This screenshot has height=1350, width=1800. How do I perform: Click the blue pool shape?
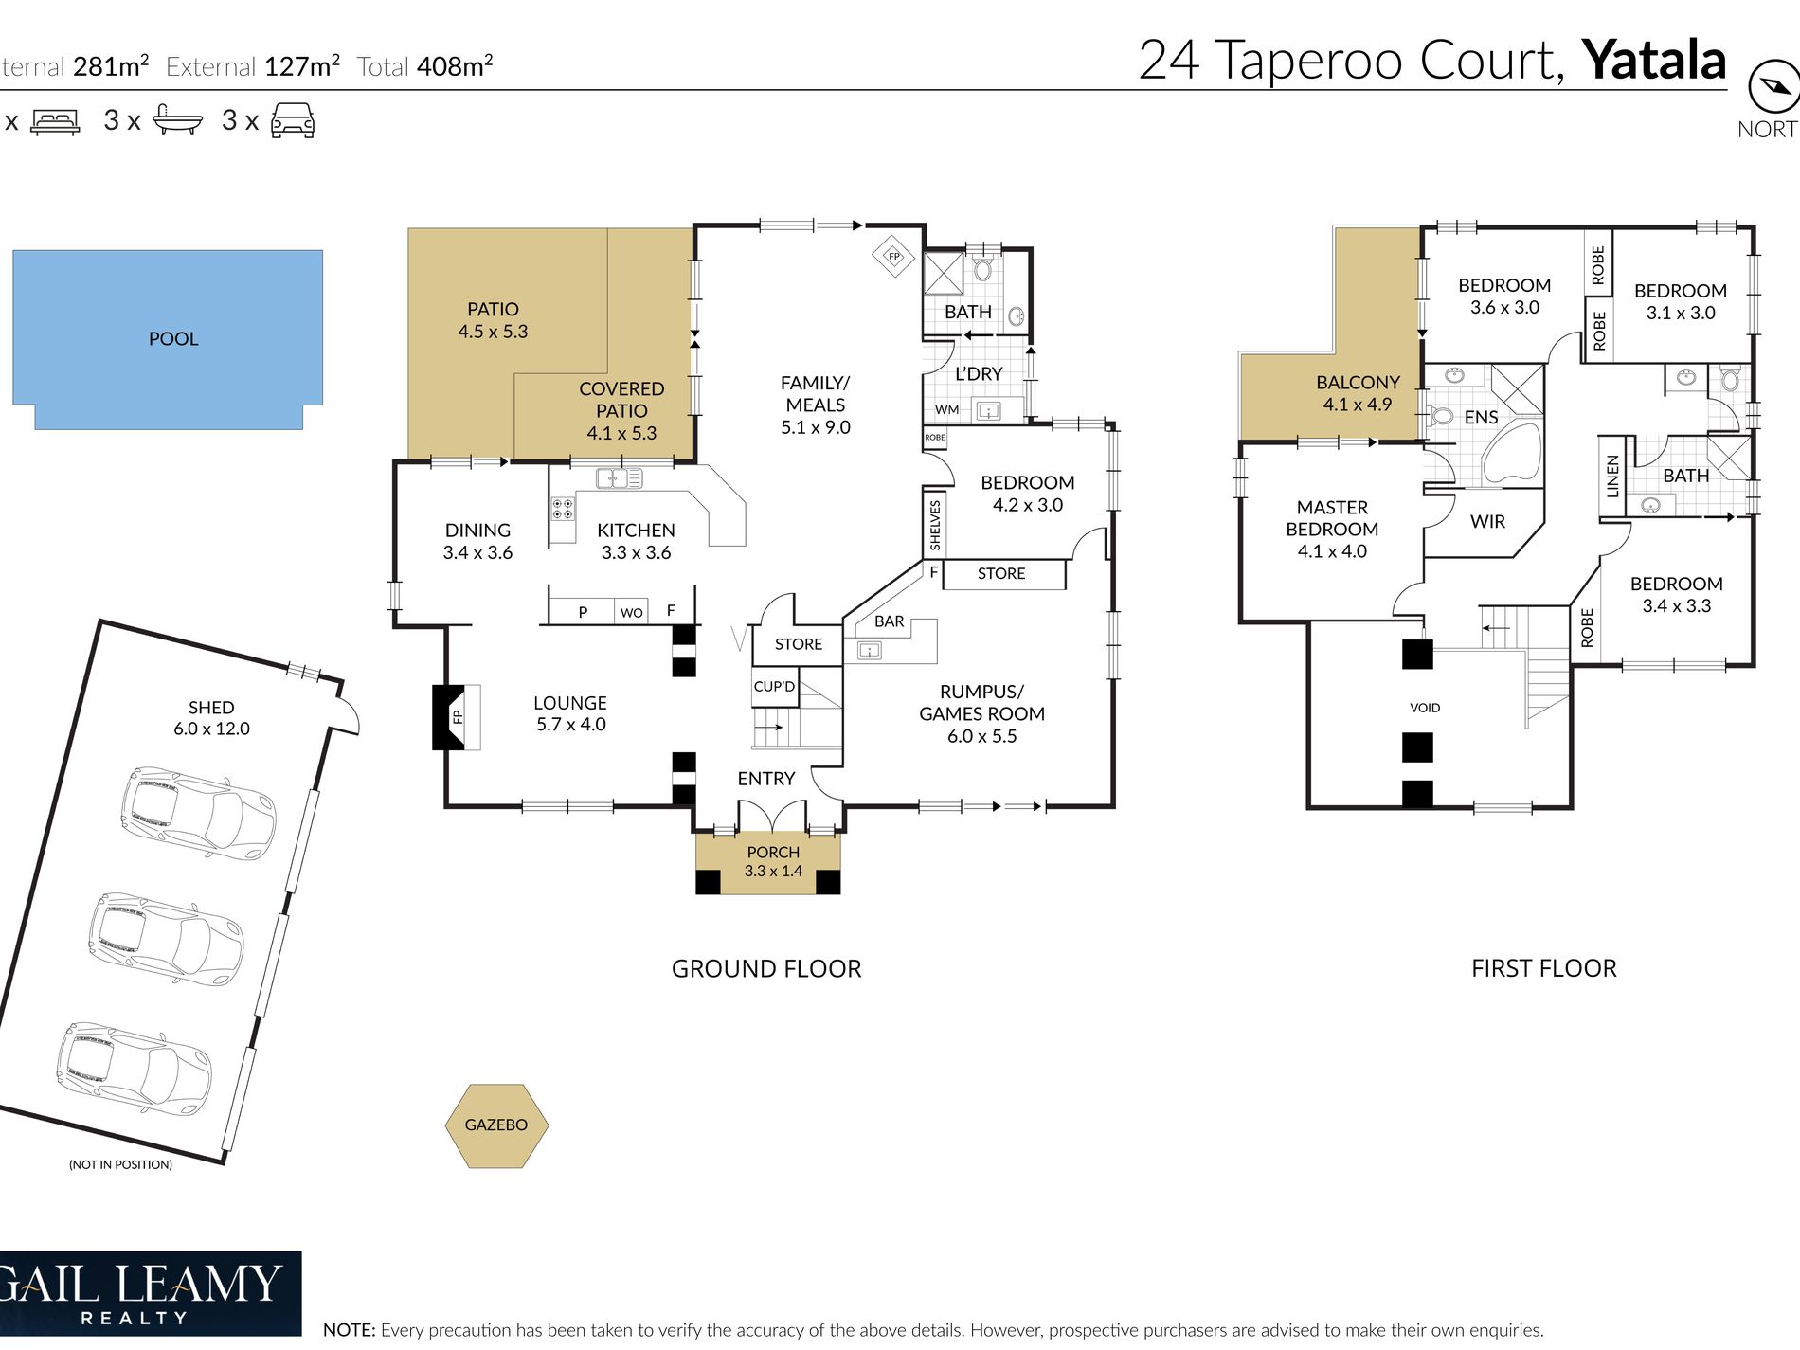[x=168, y=339]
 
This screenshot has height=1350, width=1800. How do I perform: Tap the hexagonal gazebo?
[x=496, y=1125]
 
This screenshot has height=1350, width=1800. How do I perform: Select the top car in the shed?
[x=197, y=813]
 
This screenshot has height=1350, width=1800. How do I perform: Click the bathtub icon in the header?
[x=177, y=120]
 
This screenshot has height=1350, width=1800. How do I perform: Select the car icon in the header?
[x=293, y=120]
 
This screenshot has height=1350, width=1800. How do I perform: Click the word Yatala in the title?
[x=1654, y=60]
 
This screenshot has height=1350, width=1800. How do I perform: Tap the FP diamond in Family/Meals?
[x=893, y=256]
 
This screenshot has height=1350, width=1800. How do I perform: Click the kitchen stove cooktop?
[x=563, y=509]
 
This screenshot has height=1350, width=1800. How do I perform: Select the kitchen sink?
[x=619, y=478]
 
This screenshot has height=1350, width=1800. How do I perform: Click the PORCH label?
[x=773, y=852]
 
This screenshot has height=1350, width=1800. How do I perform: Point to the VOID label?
[x=1425, y=708]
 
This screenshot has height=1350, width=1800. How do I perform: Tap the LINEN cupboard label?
[x=1612, y=477]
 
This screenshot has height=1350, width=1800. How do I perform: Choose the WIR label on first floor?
[x=1487, y=521]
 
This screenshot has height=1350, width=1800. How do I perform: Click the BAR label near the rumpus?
[x=889, y=621]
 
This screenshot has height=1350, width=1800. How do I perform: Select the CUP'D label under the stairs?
[x=774, y=686]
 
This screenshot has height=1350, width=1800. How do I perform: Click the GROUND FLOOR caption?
[x=766, y=968]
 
